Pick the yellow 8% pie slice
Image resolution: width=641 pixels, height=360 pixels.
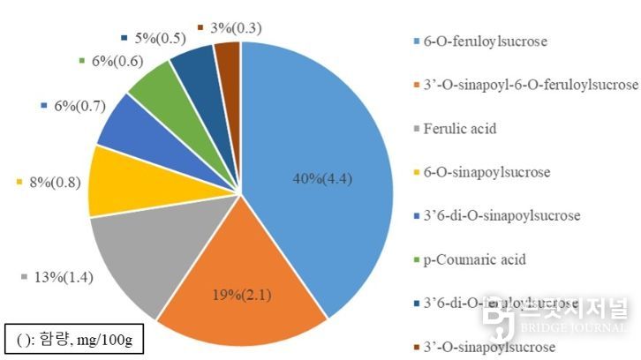pos(115,182)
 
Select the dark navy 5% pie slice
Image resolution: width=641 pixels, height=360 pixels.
pos(196,65)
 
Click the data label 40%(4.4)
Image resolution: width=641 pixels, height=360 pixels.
pos(323,180)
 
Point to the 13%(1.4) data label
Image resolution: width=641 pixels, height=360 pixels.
pos(63,277)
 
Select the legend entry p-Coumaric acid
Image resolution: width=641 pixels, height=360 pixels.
pos(469,259)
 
